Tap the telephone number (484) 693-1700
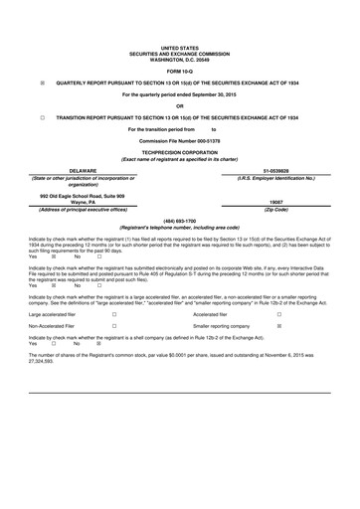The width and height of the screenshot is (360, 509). [179, 220]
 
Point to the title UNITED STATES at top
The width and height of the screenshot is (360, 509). [179, 47]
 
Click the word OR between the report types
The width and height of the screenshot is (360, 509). [179, 105]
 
